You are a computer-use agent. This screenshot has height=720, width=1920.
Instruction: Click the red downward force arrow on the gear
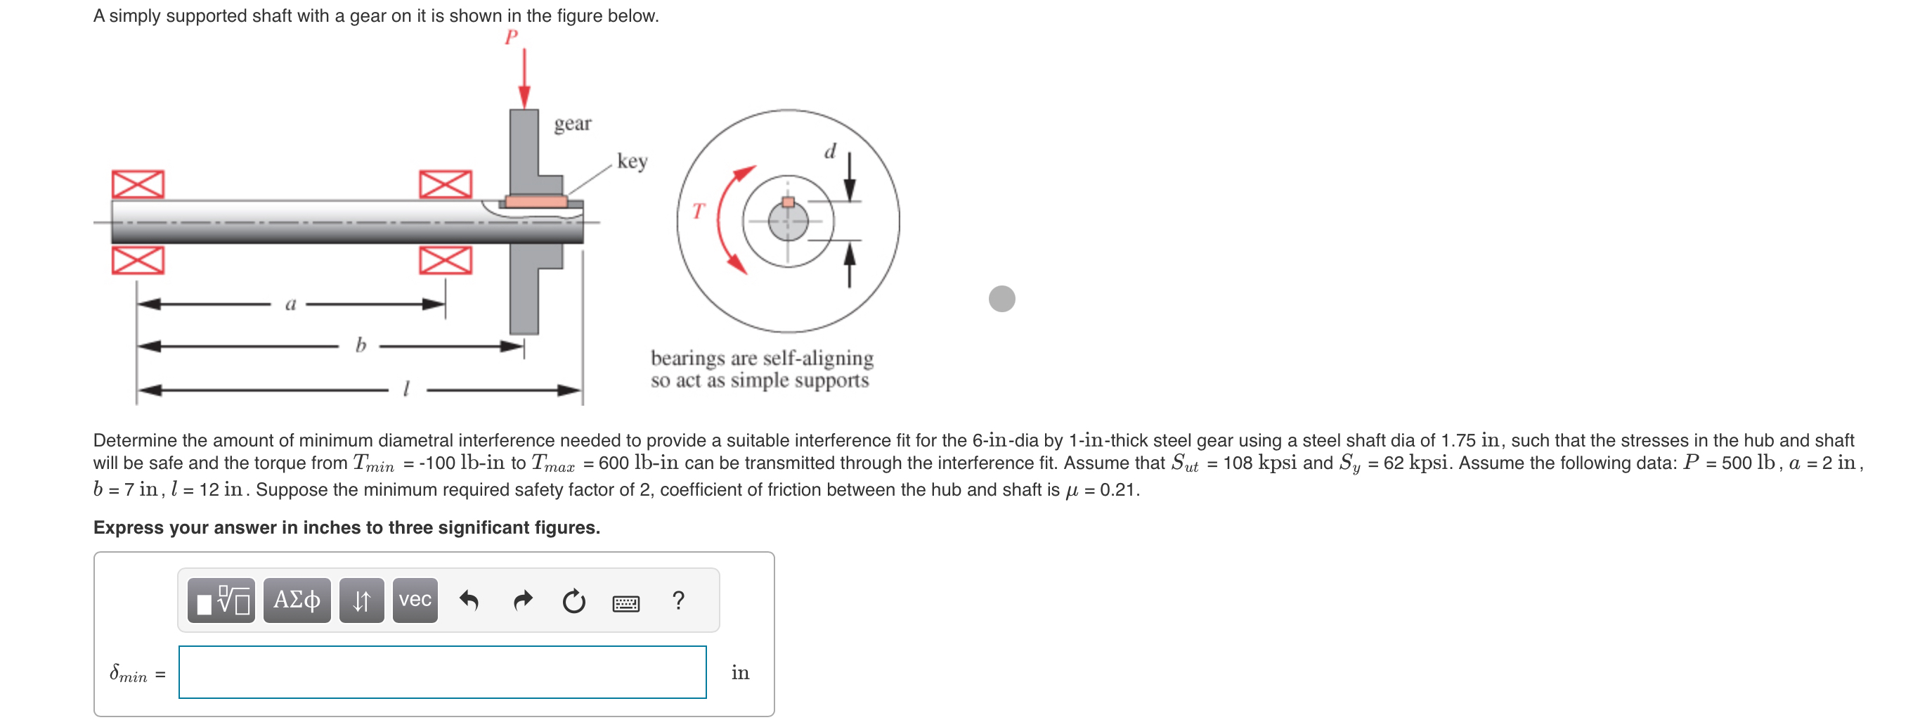click(x=524, y=78)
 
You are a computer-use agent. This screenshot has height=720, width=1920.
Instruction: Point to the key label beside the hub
click(x=631, y=160)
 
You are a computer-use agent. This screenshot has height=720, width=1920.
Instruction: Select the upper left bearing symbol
click(x=138, y=184)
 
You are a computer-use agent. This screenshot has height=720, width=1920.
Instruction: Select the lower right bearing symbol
click(x=445, y=260)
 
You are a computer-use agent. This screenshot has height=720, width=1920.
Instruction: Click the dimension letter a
click(x=291, y=303)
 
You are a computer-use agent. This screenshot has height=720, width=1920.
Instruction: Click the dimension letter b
click(x=361, y=345)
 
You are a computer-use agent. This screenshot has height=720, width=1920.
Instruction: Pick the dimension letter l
click(x=406, y=388)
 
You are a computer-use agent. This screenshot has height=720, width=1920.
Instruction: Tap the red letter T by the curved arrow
click(x=698, y=211)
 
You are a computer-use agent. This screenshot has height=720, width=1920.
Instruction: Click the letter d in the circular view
click(x=829, y=151)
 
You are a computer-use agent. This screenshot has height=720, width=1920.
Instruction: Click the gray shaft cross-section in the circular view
click(x=788, y=222)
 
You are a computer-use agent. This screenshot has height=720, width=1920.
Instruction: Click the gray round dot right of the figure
click(x=1001, y=298)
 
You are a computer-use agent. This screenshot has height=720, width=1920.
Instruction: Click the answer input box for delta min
click(x=442, y=671)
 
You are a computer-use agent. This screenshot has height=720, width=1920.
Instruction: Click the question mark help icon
click(x=677, y=600)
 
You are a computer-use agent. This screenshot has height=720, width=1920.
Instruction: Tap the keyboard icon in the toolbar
click(x=625, y=603)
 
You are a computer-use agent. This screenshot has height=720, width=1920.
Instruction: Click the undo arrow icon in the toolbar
click(x=469, y=600)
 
